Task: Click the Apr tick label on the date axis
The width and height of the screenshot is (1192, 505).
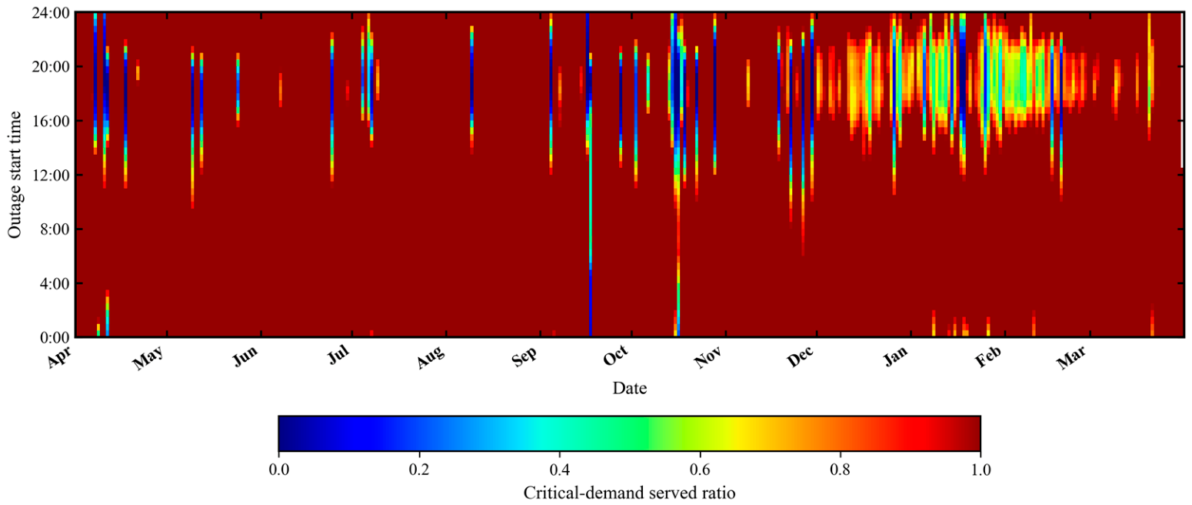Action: pyautogui.click(x=59, y=356)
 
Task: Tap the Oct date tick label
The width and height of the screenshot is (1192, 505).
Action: pyautogui.click(x=615, y=356)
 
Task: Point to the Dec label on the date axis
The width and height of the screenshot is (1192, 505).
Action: pyautogui.click(x=800, y=356)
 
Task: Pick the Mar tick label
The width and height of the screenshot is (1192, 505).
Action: pyautogui.click(x=1070, y=357)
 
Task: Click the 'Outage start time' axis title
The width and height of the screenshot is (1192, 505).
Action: pyautogui.click(x=15, y=175)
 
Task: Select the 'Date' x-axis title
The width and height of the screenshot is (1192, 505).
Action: pyautogui.click(x=630, y=388)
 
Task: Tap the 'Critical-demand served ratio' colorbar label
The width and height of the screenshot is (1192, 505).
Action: pyautogui.click(x=630, y=493)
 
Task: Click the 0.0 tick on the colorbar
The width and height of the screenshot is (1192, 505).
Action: pyautogui.click(x=278, y=470)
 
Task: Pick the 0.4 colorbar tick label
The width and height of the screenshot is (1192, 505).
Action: pyautogui.click(x=559, y=470)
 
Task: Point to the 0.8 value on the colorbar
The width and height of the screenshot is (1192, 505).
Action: pyautogui.click(x=841, y=470)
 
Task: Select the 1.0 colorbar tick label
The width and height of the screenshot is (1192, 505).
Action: pyautogui.click(x=981, y=470)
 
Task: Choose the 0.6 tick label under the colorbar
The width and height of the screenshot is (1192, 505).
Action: pyautogui.click(x=700, y=470)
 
